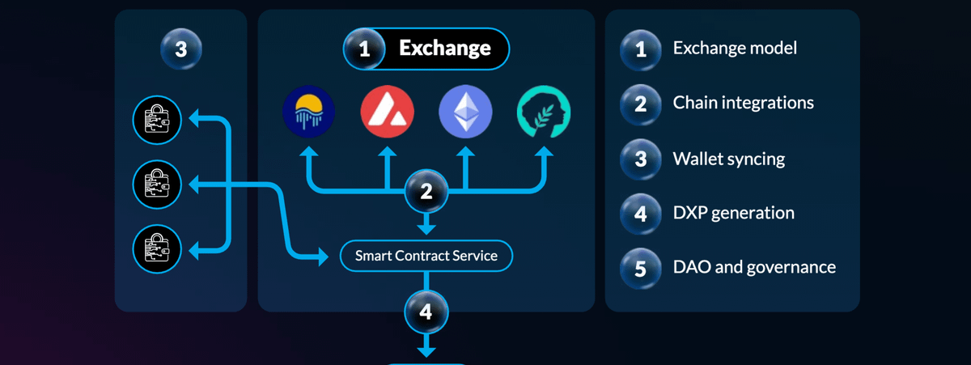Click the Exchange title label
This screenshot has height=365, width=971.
click(444, 49)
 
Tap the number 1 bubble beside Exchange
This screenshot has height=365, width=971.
click(364, 49)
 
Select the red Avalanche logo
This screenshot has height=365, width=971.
click(387, 112)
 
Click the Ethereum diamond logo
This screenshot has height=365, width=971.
click(465, 112)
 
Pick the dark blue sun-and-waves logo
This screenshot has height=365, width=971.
click(309, 112)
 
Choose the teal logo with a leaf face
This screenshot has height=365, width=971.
click(544, 112)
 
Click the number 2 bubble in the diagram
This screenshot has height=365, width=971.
click(426, 192)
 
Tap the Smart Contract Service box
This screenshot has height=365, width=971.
click(426, 257)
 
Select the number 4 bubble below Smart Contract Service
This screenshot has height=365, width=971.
click(426, 312)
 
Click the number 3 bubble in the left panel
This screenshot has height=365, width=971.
click(180, 49)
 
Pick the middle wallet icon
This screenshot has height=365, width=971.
click(157, 185)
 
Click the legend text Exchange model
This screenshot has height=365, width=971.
click(735, 49)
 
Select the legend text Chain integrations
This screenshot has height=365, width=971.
click(743, 104)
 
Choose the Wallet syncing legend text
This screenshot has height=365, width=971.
click(728, 159)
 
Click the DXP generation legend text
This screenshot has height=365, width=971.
click(733, 214)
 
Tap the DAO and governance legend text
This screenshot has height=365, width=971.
click(754, 267)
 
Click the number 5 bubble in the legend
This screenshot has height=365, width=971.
click(641, 268)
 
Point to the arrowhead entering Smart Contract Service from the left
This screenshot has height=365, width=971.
click(333, 257)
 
